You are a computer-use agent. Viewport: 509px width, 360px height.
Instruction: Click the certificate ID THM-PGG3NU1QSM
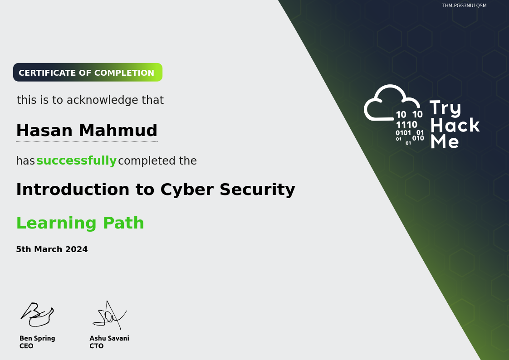point(464,5)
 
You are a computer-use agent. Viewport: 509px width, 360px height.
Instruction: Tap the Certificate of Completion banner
point(88,73)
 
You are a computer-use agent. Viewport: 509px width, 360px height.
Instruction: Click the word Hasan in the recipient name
point(44,131)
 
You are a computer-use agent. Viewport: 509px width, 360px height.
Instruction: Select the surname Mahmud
point(118,131)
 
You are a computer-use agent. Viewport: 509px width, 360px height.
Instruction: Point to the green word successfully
point(76,161)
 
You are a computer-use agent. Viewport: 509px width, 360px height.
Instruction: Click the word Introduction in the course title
point(73,189)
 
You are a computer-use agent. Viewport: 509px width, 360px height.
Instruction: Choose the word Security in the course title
point(257,190)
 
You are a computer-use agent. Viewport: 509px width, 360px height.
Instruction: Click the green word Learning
point(57,223)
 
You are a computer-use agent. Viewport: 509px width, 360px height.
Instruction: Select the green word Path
point(123,223)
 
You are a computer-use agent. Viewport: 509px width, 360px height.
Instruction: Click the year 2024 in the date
point(76,249)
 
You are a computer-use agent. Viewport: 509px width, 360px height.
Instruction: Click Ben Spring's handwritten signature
point(37,314)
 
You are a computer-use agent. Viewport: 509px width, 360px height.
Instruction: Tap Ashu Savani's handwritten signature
point(110,315)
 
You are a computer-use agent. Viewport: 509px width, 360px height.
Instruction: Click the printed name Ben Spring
point(37,338)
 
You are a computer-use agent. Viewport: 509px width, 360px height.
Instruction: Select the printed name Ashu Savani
point(109,338)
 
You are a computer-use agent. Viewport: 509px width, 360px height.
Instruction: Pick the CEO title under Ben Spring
point(26,346)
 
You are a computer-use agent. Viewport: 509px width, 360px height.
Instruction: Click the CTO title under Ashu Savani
point(97,346)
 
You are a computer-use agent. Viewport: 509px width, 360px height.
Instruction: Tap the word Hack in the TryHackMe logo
point(455,125)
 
